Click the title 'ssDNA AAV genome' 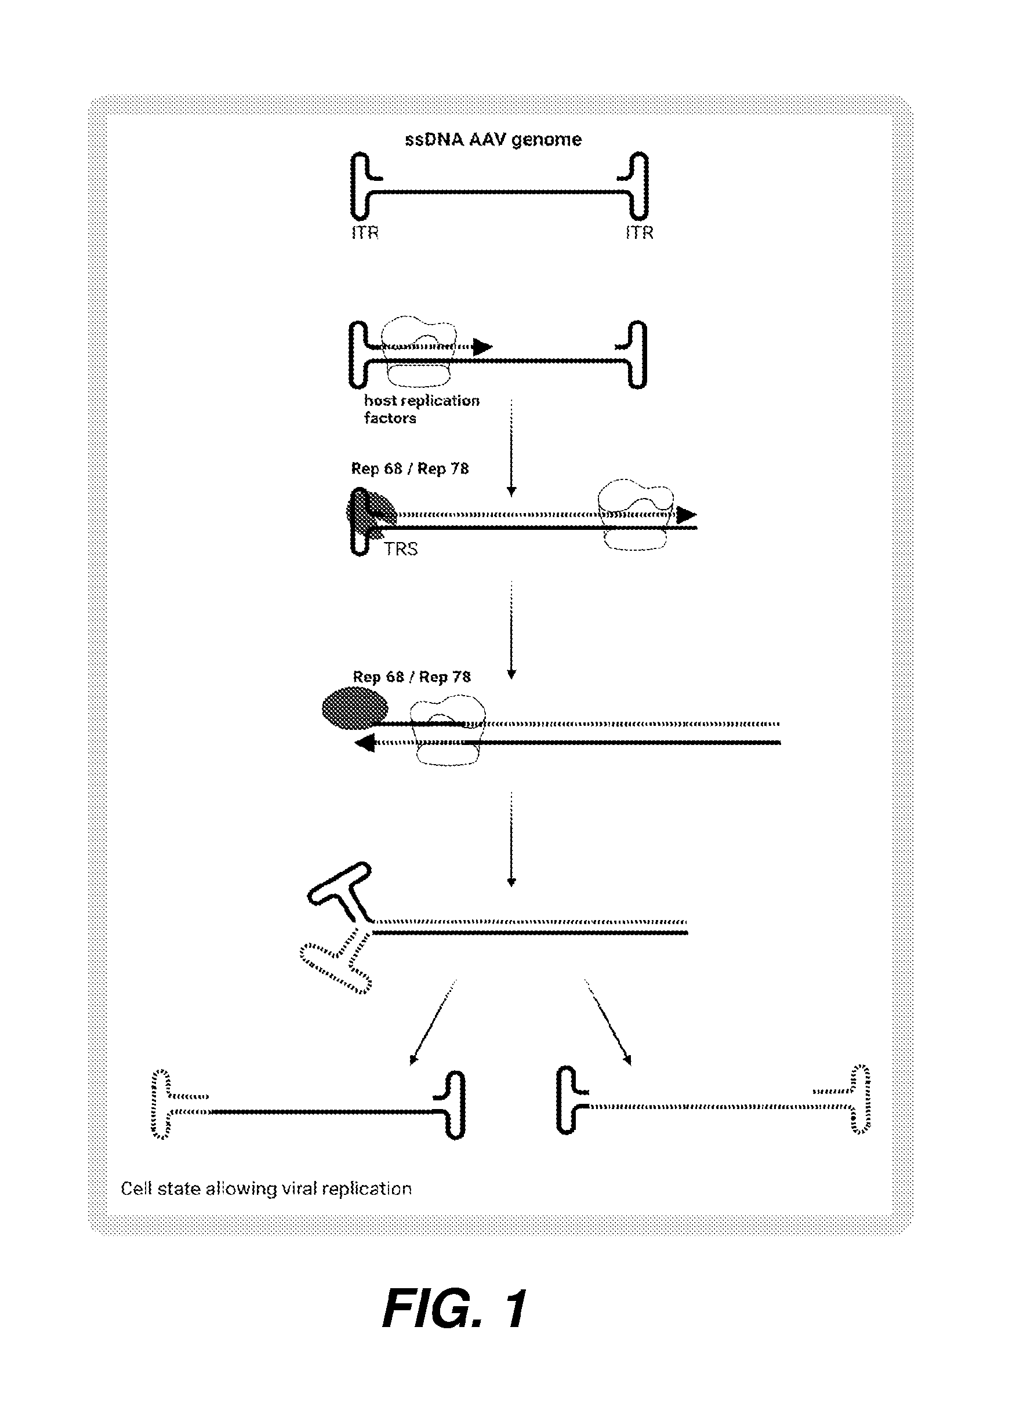tap(493, 139)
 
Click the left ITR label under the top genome tap(365, 232)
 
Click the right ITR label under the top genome tap(640, 232)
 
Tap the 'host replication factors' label tap(422, 409)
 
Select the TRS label tap(401, 548)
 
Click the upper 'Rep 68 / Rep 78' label tap(409, 468)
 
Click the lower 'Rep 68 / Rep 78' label tap(412, 677)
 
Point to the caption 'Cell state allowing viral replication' tap(266, 1188)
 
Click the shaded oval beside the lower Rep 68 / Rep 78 tap(355, 708)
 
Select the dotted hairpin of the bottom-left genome tap(164, 1105)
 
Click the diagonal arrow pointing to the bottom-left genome tap(433, 1022)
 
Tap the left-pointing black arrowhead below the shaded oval tap(364, 743)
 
